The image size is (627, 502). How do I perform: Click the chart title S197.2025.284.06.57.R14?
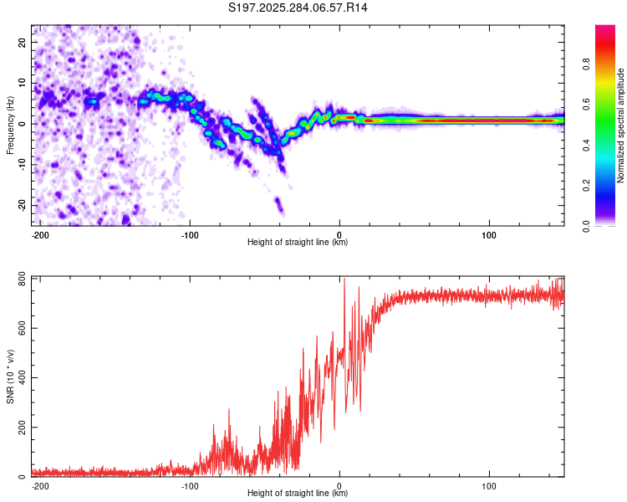click(298, 8)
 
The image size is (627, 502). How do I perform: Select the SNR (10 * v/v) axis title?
click(10, 376)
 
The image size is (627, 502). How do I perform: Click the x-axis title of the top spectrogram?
click(298, 242)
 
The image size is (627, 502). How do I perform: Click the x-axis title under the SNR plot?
click(298, 494)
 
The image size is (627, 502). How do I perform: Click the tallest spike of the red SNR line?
click(344, 279)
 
